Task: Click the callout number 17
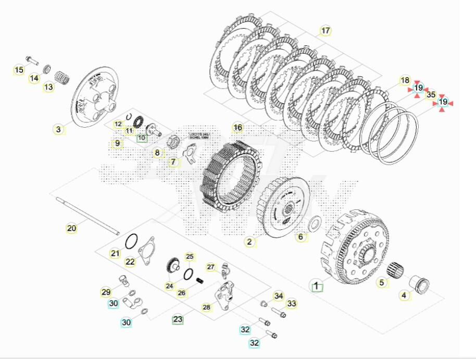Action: coord(325,31)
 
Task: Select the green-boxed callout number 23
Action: coord(178,319)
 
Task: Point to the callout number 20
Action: coord(71,228)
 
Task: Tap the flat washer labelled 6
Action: coord(314,225)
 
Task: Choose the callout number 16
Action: coord(237,128)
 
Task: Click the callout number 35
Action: coord(431,95)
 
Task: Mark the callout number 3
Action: coord(59,129)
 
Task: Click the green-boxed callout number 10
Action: coord(142,138)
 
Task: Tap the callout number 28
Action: coord(206,307)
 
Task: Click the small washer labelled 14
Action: coord(46,68)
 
